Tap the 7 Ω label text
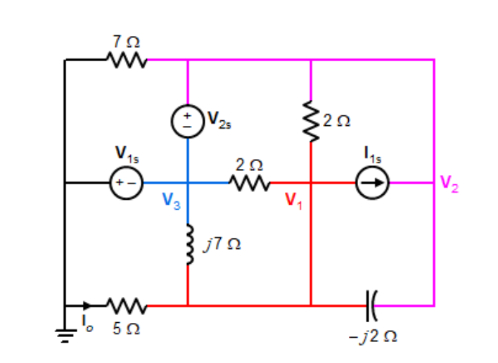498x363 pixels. pyautogui.click(x=126, y=42)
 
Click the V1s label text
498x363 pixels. pyautogui.click(x=127, y=153)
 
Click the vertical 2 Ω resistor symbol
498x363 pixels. pyautogui.click(x=310, y=122)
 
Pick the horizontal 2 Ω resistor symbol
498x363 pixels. pyautogui.click(x=249, y=183)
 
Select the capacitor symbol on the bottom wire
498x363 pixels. pyautogui.click(x=372, y=305)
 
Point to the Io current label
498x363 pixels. pyautogui.click(x=87, y=326)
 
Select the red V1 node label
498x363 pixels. pyautogui.click(x=294, y=200)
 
